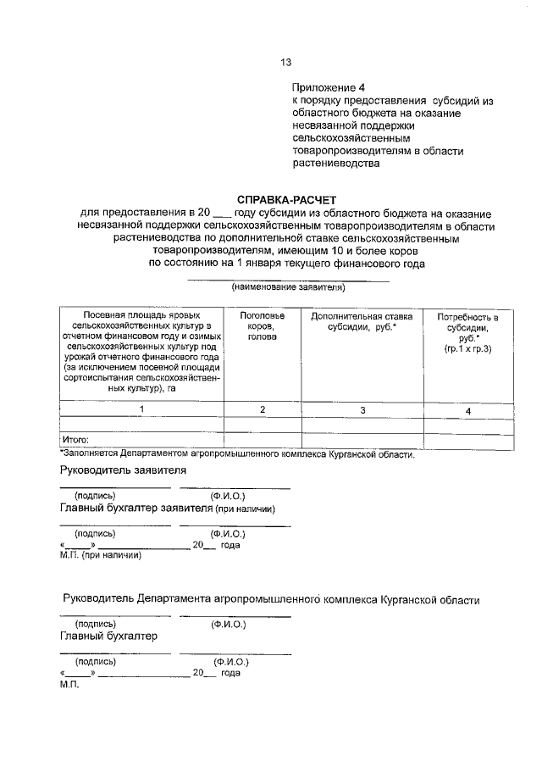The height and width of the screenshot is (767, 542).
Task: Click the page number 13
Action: [x=285, y=62]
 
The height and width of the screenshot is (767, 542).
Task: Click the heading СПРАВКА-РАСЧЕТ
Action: [x=285, y=199]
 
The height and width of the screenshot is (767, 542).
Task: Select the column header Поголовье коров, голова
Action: [x=263, y=326]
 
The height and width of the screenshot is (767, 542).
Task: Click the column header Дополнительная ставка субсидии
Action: [x=362, y=321]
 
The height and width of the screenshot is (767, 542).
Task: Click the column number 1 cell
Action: [x=141, y=409]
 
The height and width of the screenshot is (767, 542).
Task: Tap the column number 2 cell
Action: [x=263, y=409]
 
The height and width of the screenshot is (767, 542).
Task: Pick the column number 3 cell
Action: [x=362, y=410]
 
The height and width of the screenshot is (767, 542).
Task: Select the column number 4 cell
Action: [x=467, y=411]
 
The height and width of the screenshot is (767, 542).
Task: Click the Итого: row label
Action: [x=75, y=439]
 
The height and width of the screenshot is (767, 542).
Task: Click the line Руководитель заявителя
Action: [x=123, y=470]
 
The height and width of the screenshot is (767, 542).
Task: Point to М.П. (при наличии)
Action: [x=100, y=556]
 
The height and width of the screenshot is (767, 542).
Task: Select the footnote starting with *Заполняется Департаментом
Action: [x=237, y=454]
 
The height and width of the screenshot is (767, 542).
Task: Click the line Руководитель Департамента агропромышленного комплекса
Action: [x=271, y=599]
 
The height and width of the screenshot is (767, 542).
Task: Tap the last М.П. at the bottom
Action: [x=69, y=685]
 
